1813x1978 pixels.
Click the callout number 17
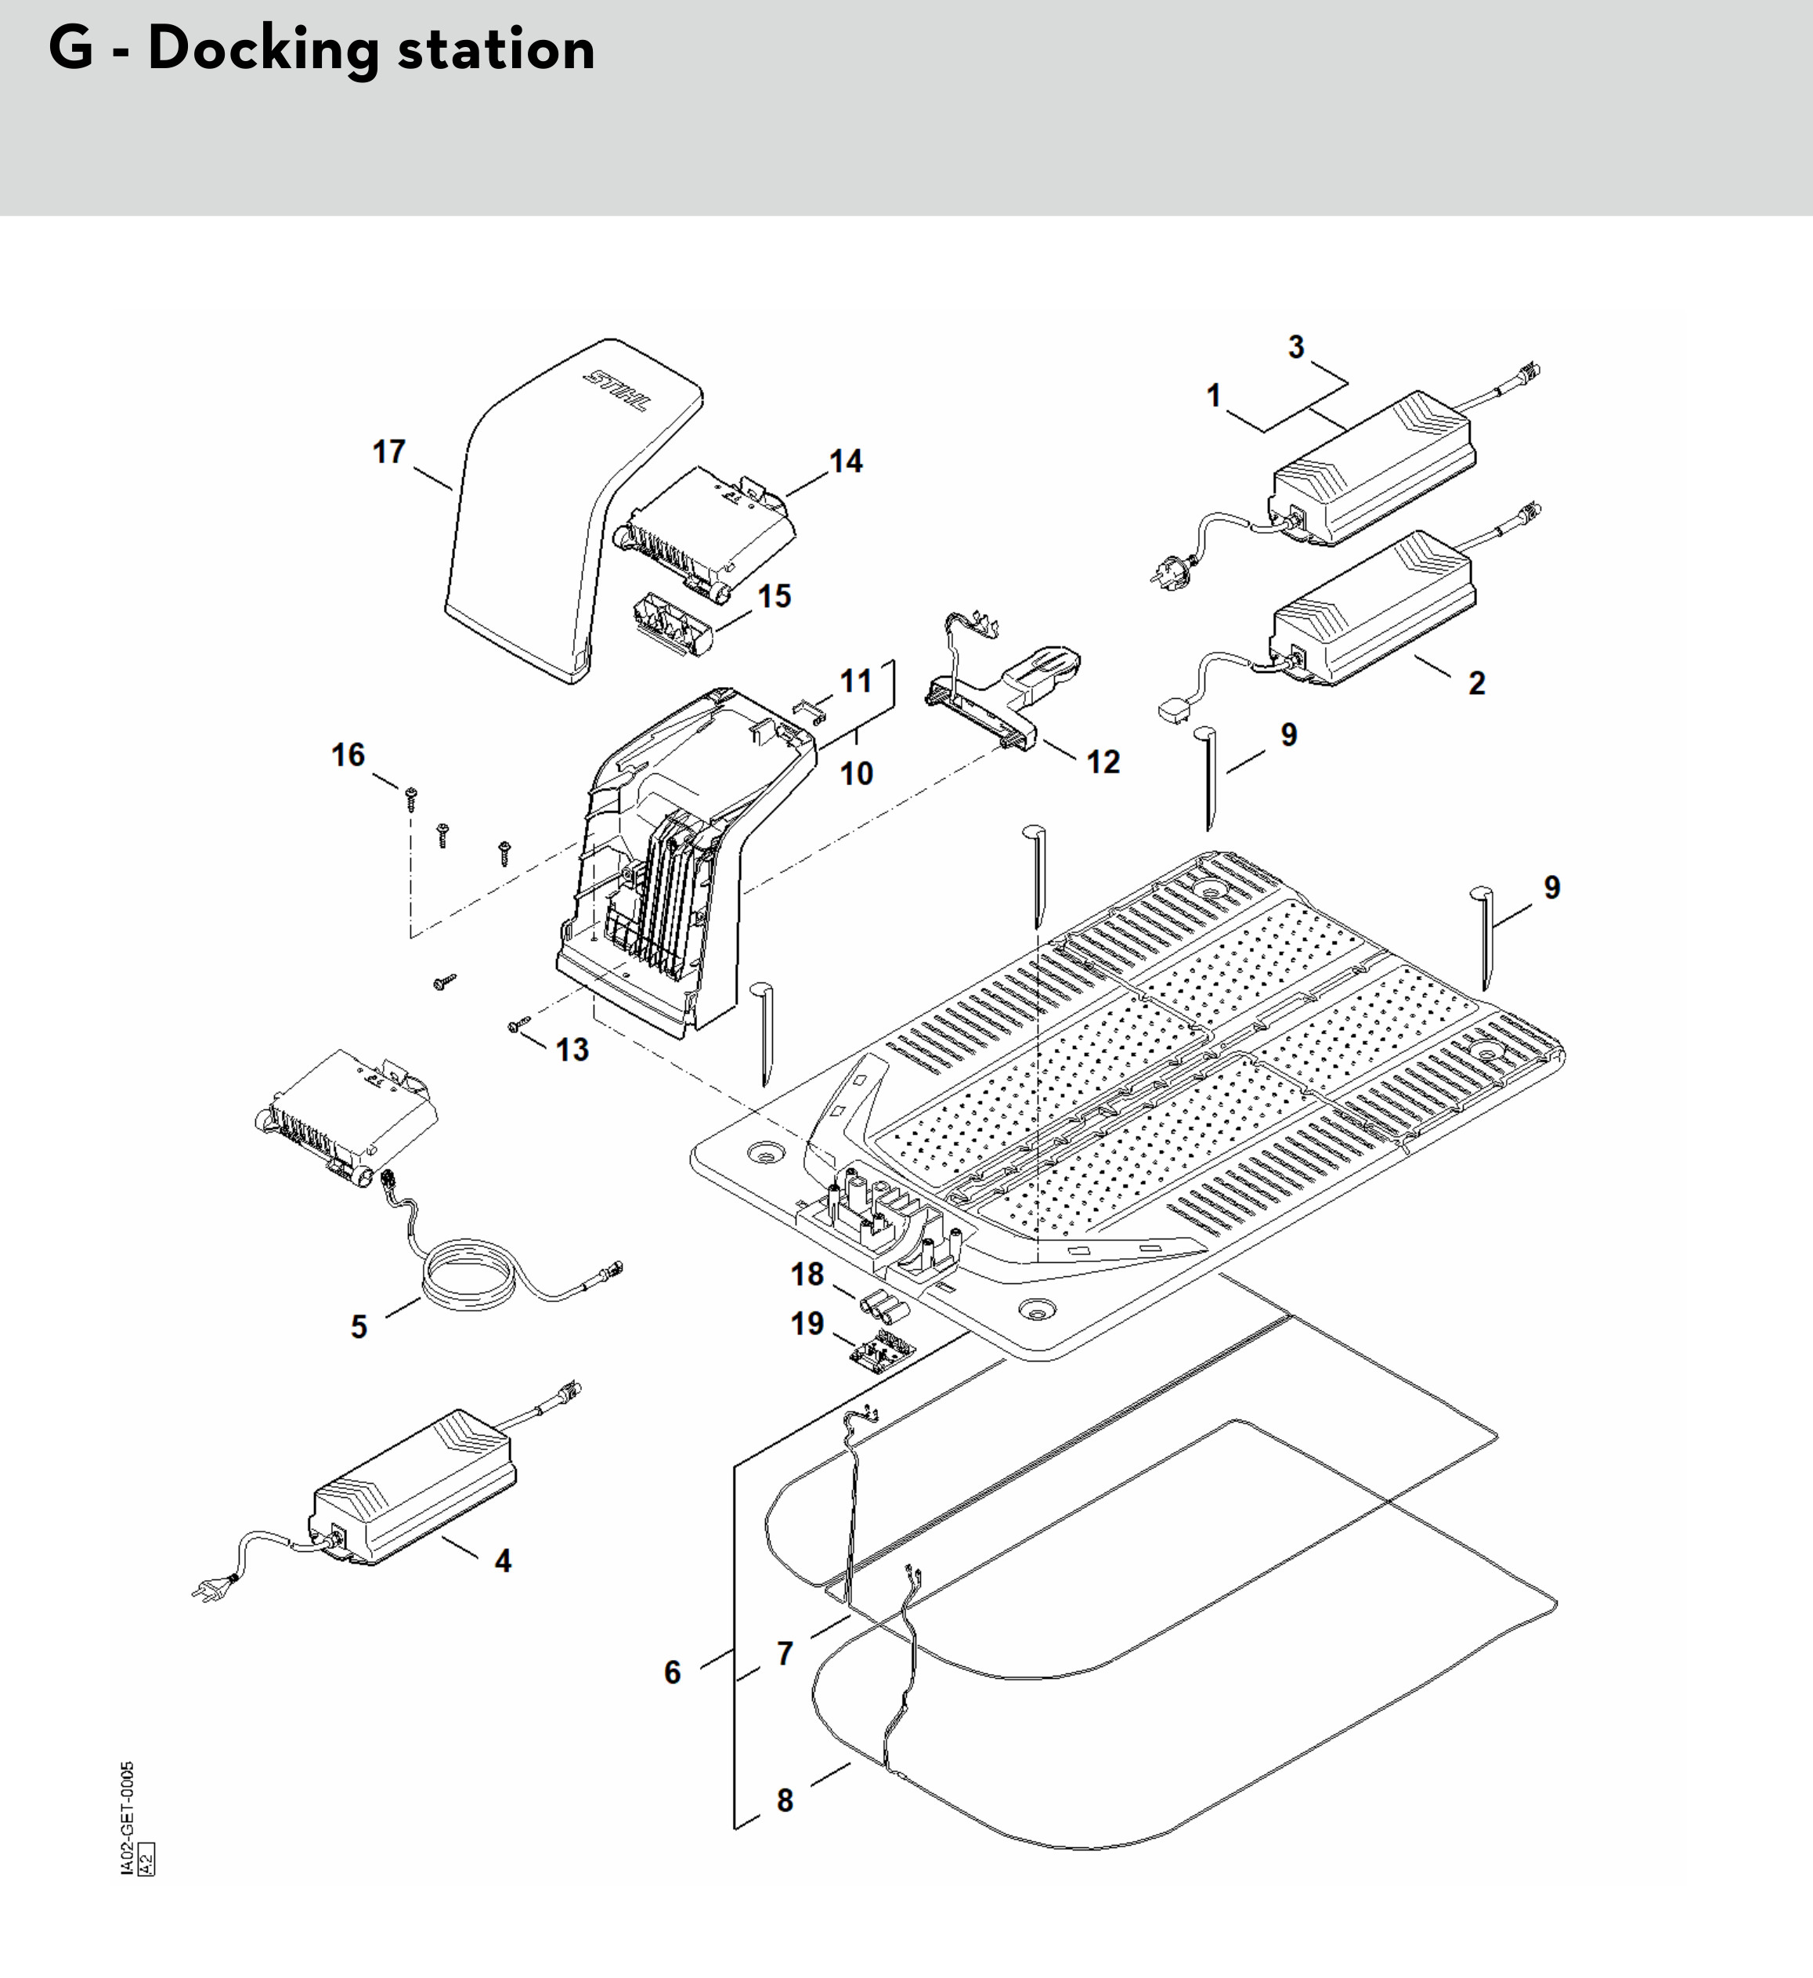point(388,452)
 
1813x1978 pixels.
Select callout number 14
point(845,461)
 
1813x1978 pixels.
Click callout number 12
point(1103,762)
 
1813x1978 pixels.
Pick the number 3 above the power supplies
point(1296,347)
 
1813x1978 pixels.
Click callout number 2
point(1476,683)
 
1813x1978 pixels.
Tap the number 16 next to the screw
point(347,754)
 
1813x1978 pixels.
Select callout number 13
point(572,1050)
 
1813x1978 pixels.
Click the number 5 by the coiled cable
point(359,1326)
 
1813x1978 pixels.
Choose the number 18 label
point(807,1274)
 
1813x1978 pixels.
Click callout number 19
point(807,1324)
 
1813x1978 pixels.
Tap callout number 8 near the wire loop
point(785,1800)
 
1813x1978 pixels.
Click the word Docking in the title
point(263,49)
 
